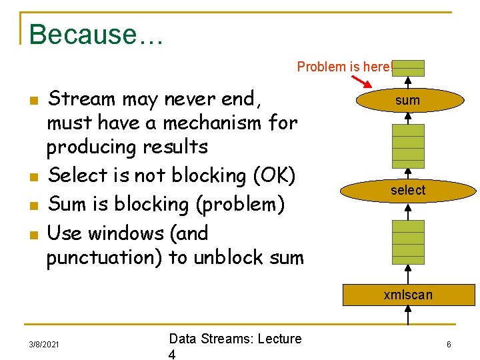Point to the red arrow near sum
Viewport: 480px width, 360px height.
tap(363, 83)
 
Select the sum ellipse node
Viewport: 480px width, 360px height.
tap(408, 100)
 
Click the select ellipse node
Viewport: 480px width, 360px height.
tap(408, 191)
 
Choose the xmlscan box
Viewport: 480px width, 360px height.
tap(408, 295)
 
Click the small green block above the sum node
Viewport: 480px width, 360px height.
tap(408, 68)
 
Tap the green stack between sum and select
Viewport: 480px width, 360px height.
tap(408, 147)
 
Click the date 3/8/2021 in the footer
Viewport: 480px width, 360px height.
tap(44, 345)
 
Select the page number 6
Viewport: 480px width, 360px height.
tap(449, 345)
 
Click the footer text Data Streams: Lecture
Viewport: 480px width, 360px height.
tap(235, 339)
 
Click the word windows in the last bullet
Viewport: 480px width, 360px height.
tap(133, 233)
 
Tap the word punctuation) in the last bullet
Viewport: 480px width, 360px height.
tap(104, 257)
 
